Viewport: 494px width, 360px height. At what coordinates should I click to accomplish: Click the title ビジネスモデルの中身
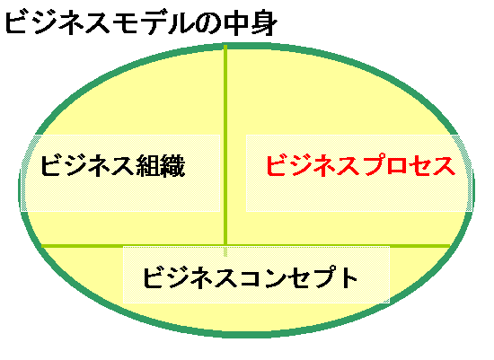pyautogui.click(x=141, y=22)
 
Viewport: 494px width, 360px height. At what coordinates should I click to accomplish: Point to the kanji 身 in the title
pyautogui.click(x=264, y=23)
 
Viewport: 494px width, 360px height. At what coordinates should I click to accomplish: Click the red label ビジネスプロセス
pyautogui.click(x=361, y=165)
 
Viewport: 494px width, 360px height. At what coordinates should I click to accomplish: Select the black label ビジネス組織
pyautogui.click(x=112, y=166)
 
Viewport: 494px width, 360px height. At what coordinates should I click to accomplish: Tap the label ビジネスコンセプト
pyautogui.click(x=251, y=277)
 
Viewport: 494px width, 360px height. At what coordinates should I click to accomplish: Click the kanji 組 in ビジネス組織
pyautogui.click(x=148, y=166)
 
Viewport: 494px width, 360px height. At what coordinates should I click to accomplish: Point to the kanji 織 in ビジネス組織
pyautogui.click(x=172, y=166)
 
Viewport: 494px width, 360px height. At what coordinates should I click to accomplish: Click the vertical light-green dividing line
pyautogui.click(x=225, y=145)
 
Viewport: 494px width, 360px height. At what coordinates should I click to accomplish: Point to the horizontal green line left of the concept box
pyautogui.click(x=83, y=246)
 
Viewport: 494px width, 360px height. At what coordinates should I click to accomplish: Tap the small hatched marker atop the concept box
pyautogui.click(x=225, y=251)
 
